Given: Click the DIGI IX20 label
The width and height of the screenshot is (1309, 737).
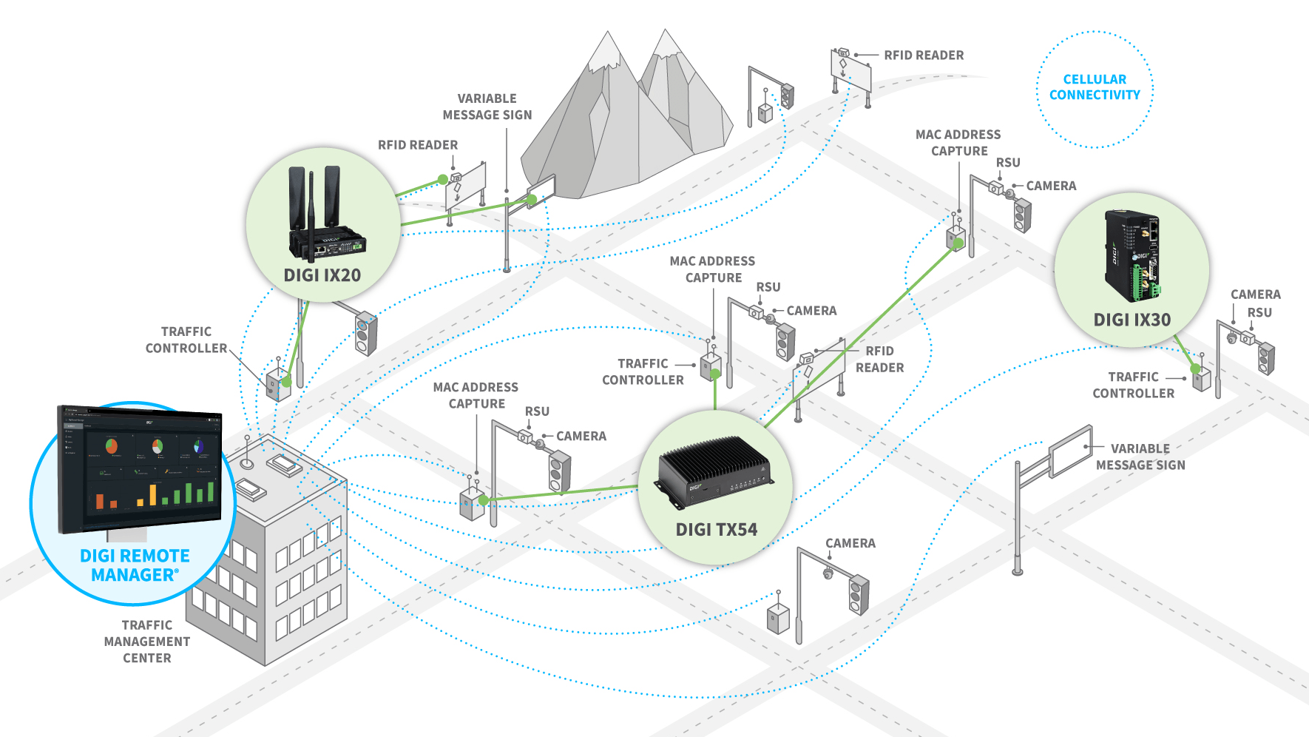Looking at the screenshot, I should [x=322, y=275].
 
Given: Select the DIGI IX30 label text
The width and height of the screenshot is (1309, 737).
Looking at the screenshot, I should [x=1132, y=320].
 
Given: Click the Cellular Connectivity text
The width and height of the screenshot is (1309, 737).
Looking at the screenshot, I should [x=1095, y=87].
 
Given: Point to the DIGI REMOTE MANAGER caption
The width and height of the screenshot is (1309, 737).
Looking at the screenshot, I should [x=135, y=565].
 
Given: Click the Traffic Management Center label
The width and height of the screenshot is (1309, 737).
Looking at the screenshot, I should [x=147, y=642].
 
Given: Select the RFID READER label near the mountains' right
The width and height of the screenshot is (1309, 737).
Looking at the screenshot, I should [x=924, y=55].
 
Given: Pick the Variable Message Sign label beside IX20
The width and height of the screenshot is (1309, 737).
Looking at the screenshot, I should [x=487, y=107].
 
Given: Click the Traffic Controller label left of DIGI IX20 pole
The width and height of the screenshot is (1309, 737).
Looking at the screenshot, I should [x=186, y=340].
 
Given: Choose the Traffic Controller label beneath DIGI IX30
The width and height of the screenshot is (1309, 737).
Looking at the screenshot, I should [x=1133, y=385].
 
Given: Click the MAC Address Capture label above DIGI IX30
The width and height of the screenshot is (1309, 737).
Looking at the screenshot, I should [x=958, y=143].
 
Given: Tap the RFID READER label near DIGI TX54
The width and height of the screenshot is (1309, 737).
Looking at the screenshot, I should [x=879, y=359].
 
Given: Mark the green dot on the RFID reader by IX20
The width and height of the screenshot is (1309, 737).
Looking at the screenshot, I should [x=443, y=179].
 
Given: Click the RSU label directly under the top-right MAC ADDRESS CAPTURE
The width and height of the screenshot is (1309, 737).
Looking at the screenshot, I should [x=1007, y=163].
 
